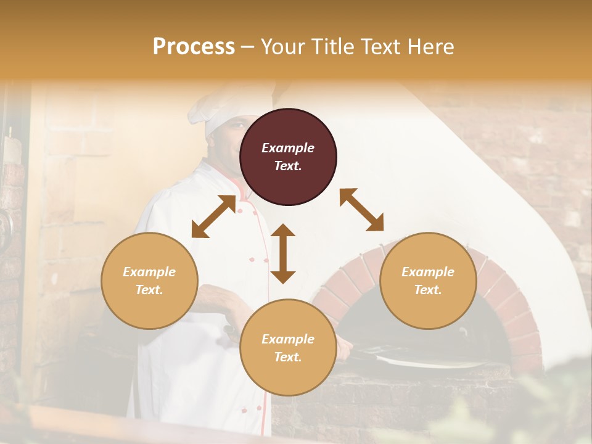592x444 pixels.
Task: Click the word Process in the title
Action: (194, 47)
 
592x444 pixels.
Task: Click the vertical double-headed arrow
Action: (283, 253)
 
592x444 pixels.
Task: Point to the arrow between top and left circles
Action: (213, 216)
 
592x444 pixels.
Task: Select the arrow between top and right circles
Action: (361, 210)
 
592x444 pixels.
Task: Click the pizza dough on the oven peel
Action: (425, 360)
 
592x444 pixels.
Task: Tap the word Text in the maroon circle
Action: (288, 166)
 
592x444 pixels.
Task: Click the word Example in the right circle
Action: (428, 272)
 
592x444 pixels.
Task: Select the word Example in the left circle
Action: (149, 272)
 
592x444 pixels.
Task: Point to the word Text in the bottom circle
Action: (288, 357)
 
